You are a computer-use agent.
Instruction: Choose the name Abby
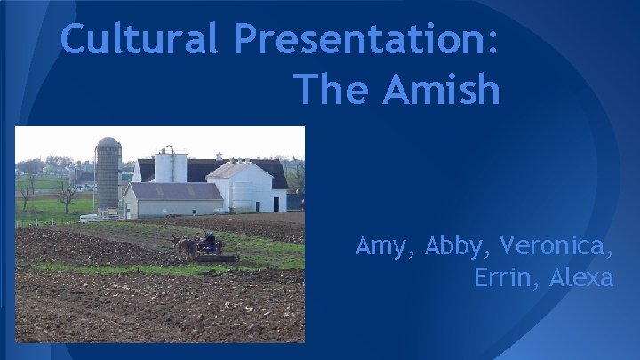click(460, 245)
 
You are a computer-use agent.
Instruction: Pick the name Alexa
click(581, 277)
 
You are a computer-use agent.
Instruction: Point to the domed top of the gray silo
click(108, 142)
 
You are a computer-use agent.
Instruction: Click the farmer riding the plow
click(211, 240)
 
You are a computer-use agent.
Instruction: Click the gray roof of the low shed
click(175, 190)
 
